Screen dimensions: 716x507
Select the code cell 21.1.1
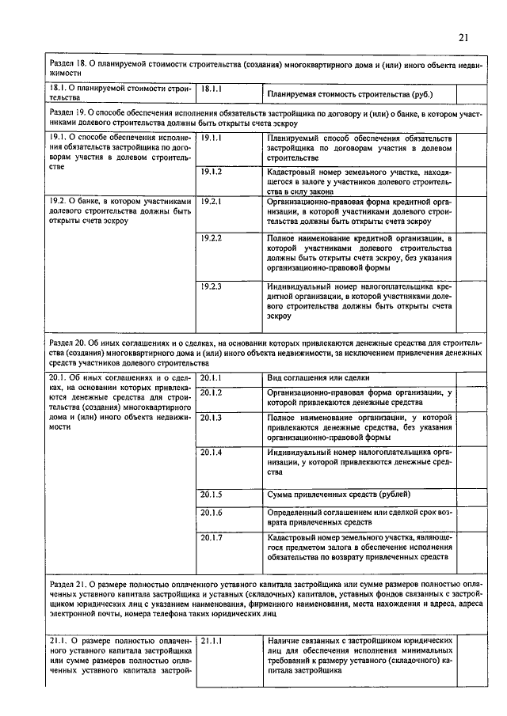(x=214, y=640)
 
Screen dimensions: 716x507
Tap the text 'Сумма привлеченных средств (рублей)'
(x=339, y=494)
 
